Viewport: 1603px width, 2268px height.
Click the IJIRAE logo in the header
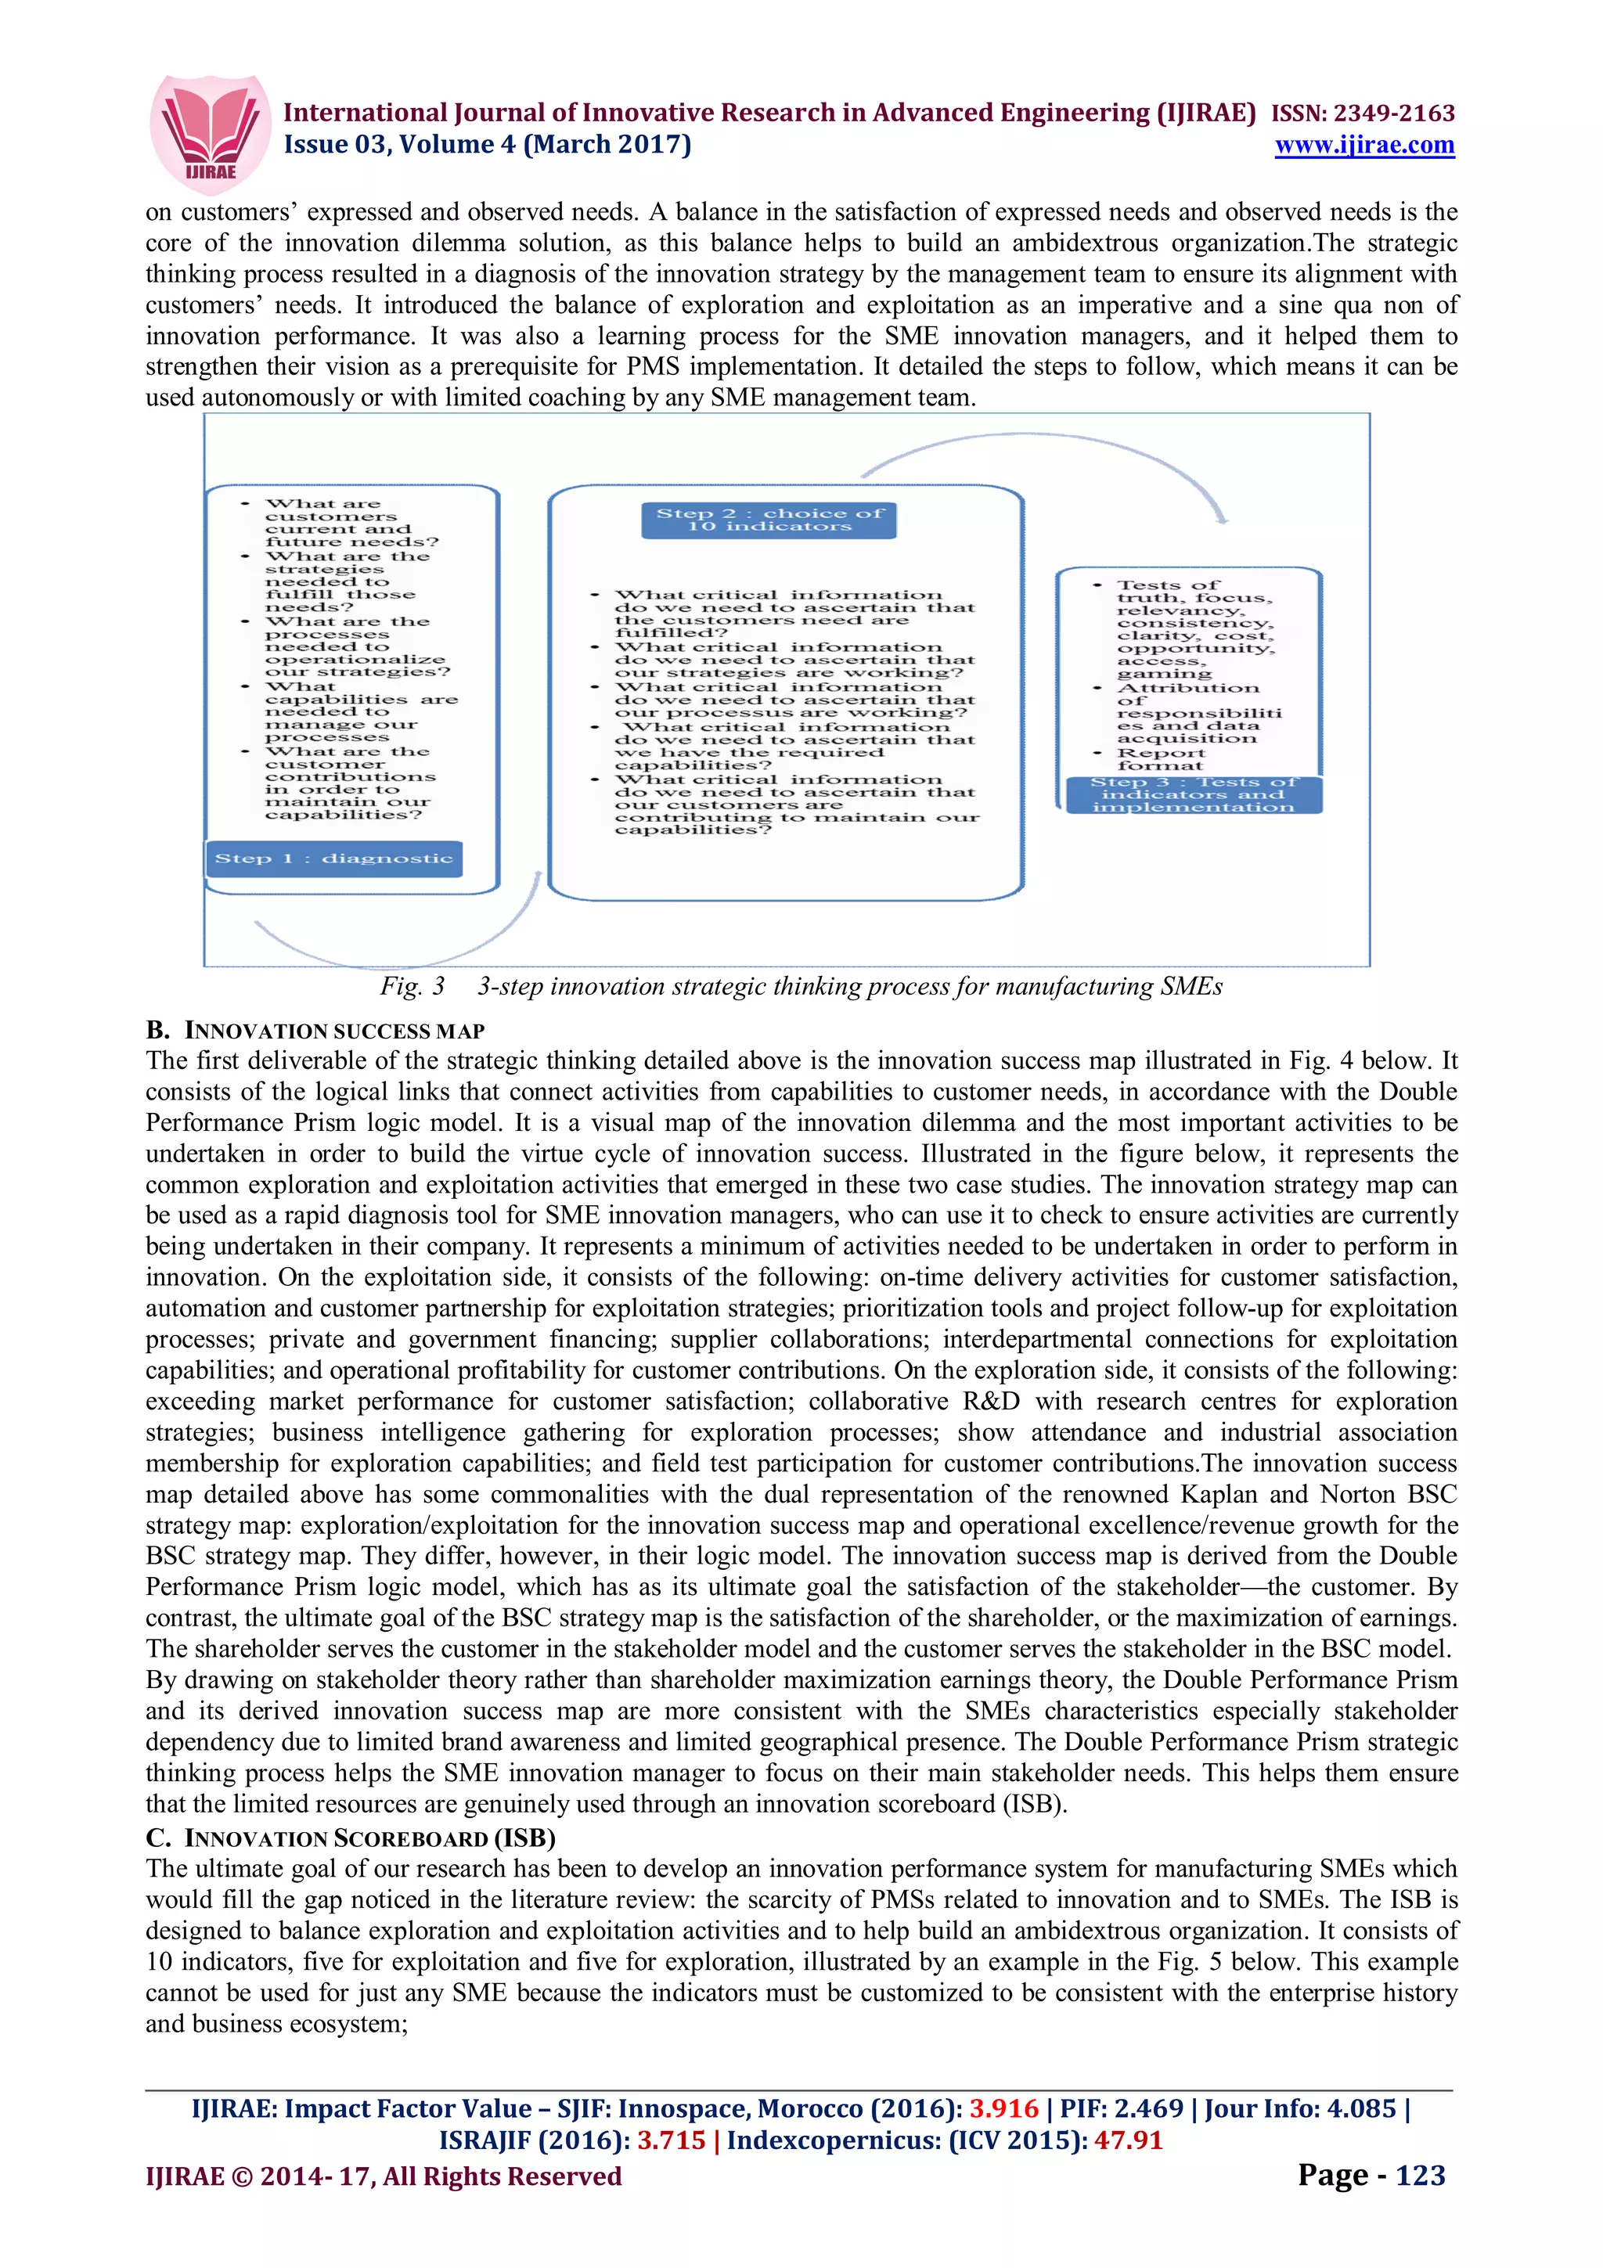208,131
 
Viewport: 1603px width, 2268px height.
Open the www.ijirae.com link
1364,146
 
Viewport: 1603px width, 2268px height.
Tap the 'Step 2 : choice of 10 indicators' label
769,520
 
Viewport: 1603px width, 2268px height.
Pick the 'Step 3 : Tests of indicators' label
1193,795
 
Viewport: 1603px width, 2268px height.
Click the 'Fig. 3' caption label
412,986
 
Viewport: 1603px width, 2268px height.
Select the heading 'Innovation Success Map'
334,1031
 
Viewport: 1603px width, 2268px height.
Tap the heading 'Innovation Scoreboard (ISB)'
369,1838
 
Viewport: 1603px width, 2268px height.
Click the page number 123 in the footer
1419,2175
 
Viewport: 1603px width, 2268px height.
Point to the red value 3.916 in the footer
1003,2109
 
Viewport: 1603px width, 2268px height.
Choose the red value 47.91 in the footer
1128,2140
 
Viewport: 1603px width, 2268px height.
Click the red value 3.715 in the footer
671,2140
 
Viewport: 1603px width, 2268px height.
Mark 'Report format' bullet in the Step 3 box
1161,758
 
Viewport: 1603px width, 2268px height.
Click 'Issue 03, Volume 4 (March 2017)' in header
488,146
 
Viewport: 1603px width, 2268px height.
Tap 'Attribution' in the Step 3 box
1188,687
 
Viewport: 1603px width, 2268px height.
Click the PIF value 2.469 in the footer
1149,2109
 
